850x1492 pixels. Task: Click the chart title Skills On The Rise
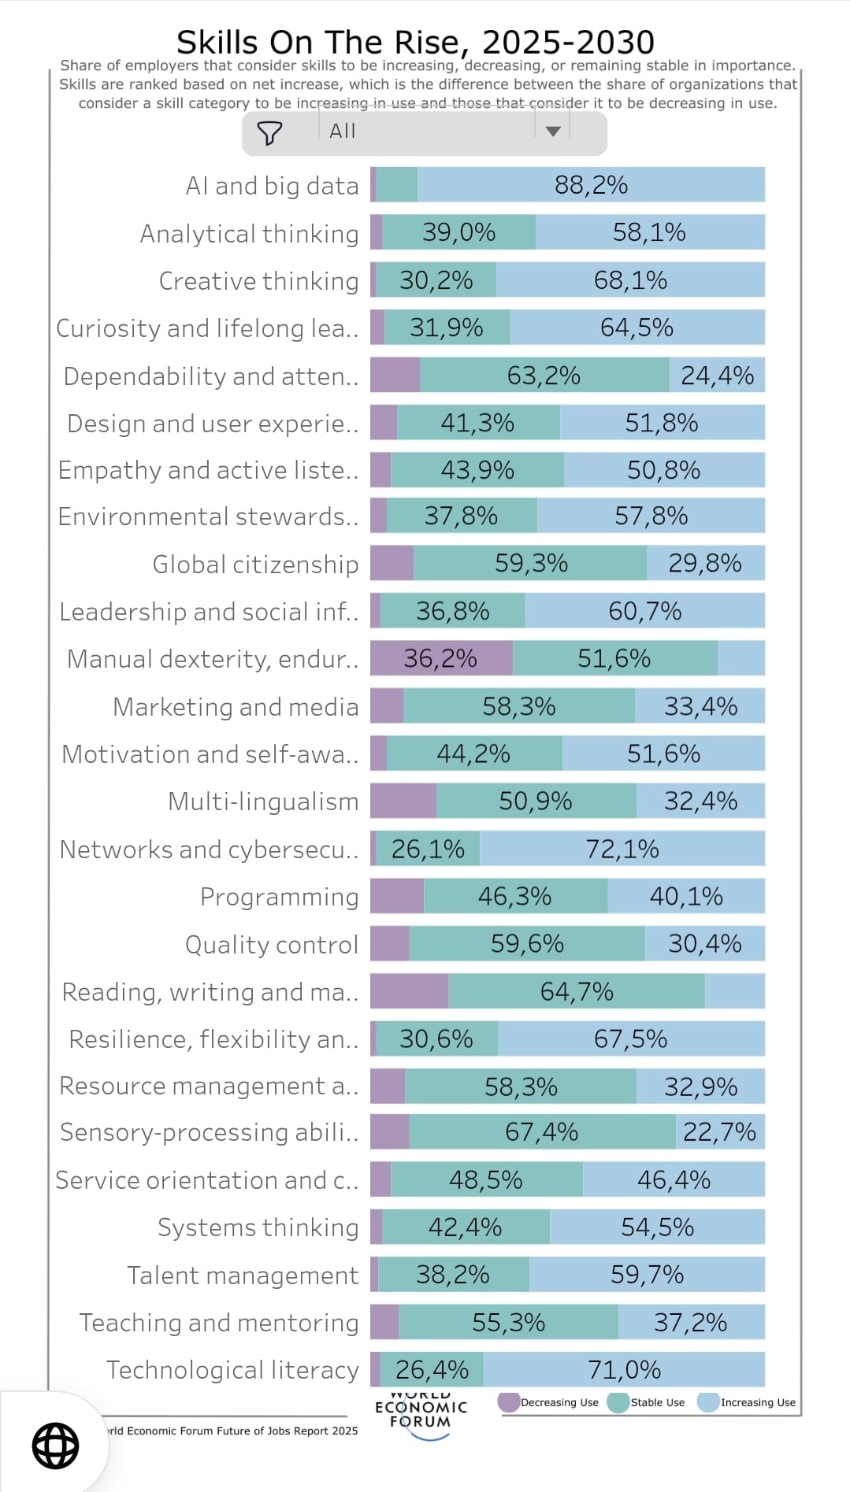coord(415,42)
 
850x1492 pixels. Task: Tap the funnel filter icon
coord(269,133)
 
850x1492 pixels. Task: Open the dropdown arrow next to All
coord(553,131)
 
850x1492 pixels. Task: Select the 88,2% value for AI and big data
coord(591,185)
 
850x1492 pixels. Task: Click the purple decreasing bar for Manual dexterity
coord(440,658)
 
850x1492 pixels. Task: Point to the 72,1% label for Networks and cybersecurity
coord(622,849)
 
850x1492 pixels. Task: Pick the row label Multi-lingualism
coord(263,802)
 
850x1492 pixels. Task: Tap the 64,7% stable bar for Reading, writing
coord(576,991)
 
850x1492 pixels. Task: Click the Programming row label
coord(279,897)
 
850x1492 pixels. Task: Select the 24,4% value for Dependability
coord(717,376)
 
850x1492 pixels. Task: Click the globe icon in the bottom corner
coord(55,1446)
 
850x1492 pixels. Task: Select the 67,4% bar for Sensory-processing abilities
coord(541,1132)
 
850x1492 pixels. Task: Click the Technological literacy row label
coord(232,1370)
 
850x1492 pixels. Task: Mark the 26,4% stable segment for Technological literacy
coord(432,1370)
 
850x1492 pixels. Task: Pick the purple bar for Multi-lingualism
coord(403,802)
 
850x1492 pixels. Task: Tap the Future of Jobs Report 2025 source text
coord(232,1431)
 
